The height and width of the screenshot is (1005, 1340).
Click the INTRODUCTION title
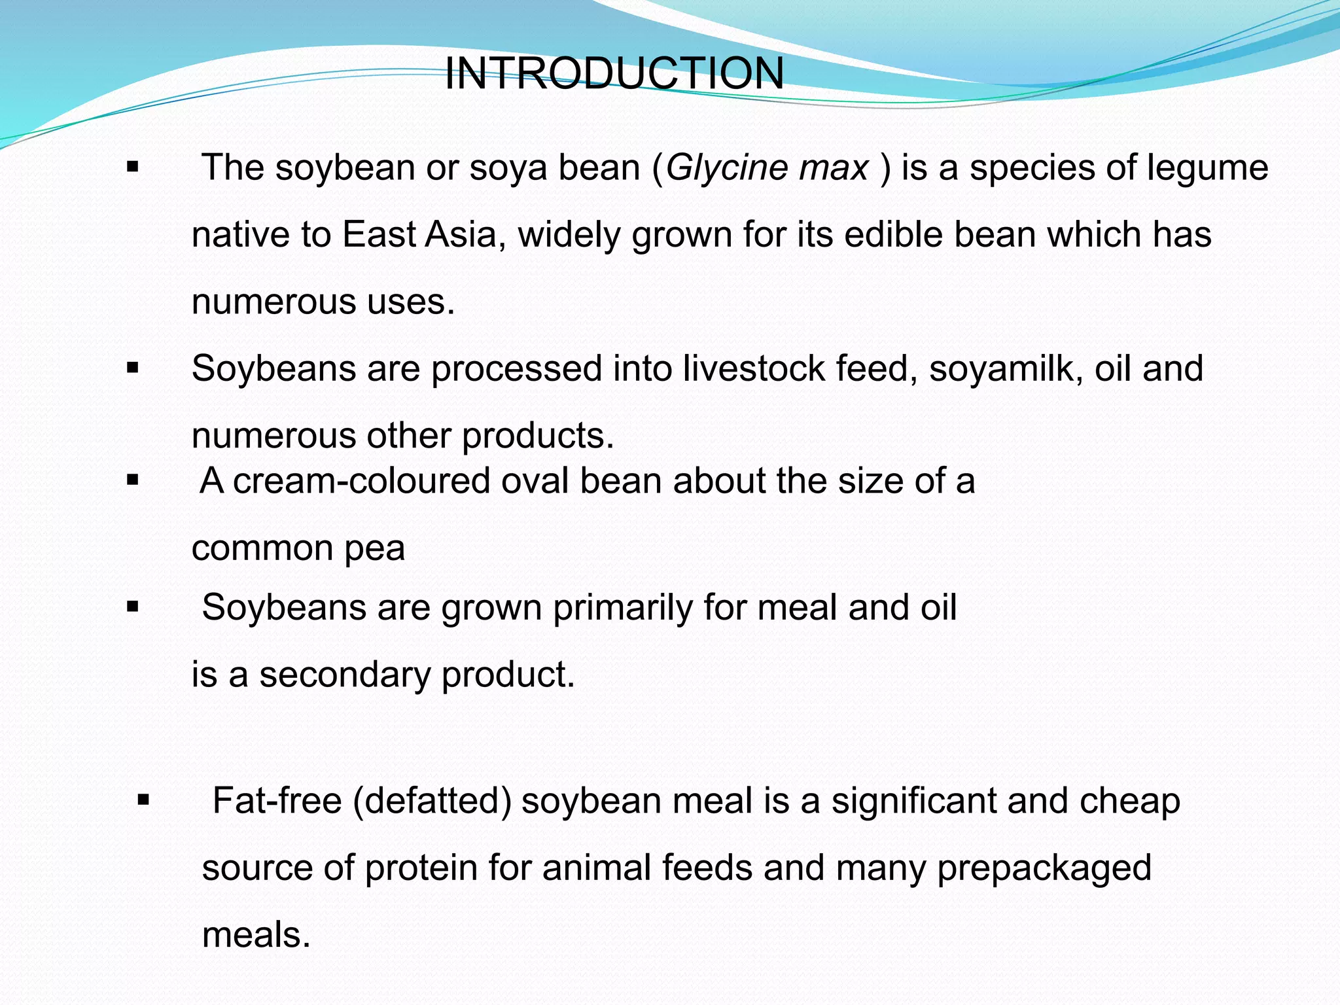click(x=614, y=73)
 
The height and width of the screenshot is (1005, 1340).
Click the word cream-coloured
click(x=361, y=481)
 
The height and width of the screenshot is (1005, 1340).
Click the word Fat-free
click(x=277, y=801)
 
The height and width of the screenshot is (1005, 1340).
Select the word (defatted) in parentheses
click(x=432, y=801)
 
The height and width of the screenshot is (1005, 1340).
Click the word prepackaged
click(x=1044, y=868)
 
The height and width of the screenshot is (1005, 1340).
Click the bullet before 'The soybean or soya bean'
click(x=133, y=167)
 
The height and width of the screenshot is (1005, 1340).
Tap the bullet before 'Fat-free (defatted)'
click(x=144, y=800)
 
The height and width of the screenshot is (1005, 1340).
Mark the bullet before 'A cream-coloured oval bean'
click(x=133, y=481)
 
